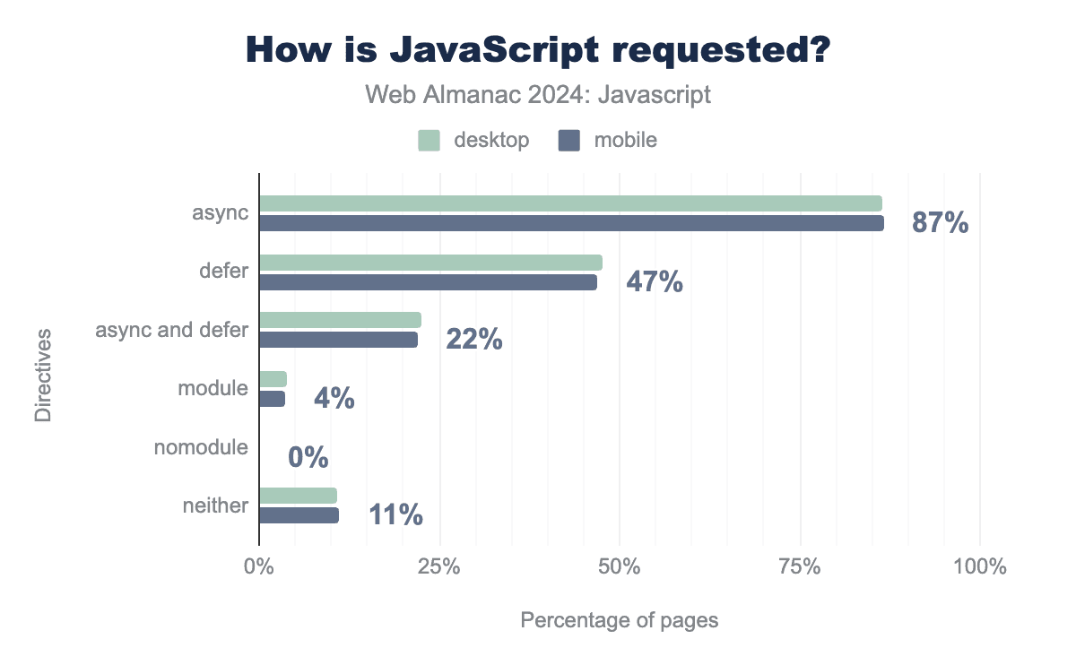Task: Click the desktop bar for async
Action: click(570, 203)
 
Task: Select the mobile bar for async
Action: click(571, 223)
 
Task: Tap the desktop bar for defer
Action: click(430, 263)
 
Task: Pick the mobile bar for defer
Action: click(428, 282)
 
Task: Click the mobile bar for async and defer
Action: click(338, 340)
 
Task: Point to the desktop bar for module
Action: click(273, 379)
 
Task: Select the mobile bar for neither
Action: click(299, 515)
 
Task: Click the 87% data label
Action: click(940, 223)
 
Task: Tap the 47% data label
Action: click(654, 282)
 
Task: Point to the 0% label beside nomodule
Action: click(308, 458)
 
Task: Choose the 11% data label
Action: click(395, 515)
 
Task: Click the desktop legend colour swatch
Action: click(429, 141)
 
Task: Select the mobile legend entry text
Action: click(625, 141)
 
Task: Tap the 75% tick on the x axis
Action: click(800, 567)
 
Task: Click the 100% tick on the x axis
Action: click(980, 567)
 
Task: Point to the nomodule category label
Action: click(201, 447)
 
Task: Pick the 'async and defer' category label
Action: click(172, 330)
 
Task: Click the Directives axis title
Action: click(43, 376)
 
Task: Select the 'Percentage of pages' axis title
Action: click(620, 620)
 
